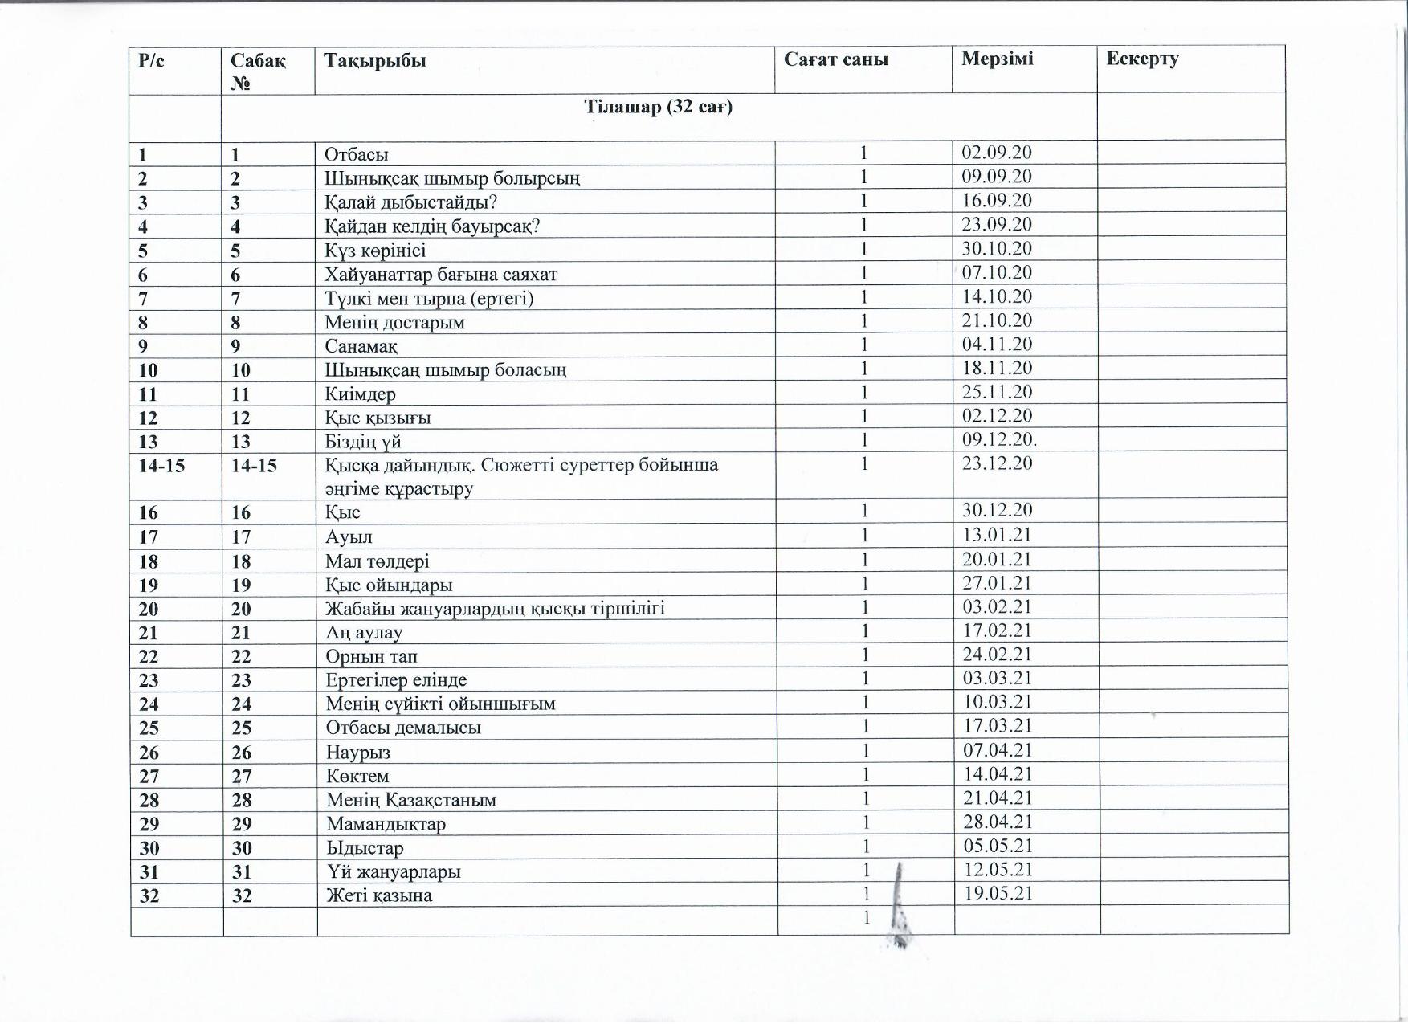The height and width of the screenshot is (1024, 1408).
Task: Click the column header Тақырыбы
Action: pos(375,60)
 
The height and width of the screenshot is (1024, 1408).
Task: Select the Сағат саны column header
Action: pos(835,59)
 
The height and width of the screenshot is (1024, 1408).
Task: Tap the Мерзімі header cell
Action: pos(997,59)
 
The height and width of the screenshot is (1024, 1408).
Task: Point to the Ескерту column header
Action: pos(1142,59)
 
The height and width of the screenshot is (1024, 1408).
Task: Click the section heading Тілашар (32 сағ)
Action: pos(658,107)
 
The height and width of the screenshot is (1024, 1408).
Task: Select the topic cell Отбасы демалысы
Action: pos(403,728)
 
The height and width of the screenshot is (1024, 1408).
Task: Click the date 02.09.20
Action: pos(997,153)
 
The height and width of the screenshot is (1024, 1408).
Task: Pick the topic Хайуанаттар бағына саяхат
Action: pos(440,275)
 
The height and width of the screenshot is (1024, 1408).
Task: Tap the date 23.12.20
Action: pos(997,463)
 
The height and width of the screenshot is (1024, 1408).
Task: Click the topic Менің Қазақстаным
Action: pos(410,800)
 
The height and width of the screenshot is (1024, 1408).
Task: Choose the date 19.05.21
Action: pos(998,893)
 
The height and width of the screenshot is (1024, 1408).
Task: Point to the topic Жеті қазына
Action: pos(378,895)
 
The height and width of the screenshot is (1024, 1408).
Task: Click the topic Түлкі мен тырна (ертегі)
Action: pos(429,299)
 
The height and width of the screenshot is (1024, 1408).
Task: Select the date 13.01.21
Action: pos(998,535)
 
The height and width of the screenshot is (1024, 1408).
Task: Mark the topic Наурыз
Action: pos(357,753)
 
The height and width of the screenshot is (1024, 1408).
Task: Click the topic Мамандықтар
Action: pos(386,824)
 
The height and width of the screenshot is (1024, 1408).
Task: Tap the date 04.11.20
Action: pos(997,344)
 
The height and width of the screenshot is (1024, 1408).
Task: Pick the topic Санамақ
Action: pos(361,346)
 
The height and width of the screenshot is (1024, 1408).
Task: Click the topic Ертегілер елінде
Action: pos(396,680)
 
